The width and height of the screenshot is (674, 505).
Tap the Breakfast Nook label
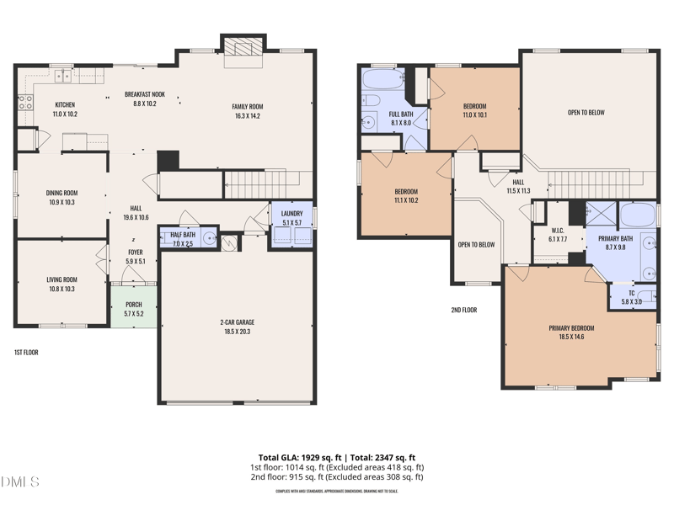click(x=145, y=94)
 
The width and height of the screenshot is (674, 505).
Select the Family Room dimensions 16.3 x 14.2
click(x=248, y=116)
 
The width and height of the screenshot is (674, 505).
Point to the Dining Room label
click(x=62, y=193)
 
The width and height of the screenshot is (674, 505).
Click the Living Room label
click(x=62, y=279)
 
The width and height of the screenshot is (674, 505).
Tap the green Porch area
click(x=134, y=309)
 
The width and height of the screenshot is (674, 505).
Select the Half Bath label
click(x=183, y=235)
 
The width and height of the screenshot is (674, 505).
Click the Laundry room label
click(x=292, y=214)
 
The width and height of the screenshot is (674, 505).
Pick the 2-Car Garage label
click(x=238, y=322)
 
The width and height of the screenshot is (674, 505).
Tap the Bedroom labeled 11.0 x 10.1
click(x=474, y=106)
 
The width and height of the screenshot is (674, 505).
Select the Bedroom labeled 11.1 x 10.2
click(x=406, y=192)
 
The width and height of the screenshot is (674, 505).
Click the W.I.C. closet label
click(x=558, y=231)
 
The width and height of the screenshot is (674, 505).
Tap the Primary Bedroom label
click(x=571, y=328)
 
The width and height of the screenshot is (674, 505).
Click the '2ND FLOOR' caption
click(x=463, y=310)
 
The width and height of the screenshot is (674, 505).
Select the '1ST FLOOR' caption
click(x=26, y=352)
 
